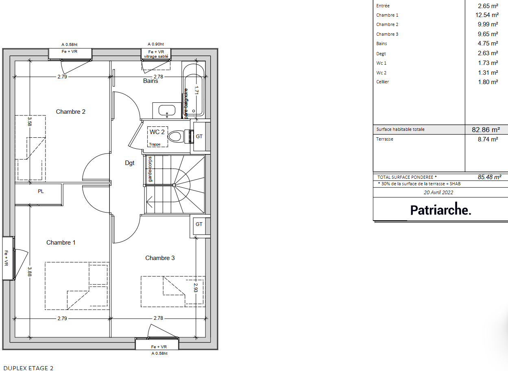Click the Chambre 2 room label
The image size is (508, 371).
70,112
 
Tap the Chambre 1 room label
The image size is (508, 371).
61,243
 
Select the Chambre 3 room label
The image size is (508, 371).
160,258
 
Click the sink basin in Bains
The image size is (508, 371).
167,111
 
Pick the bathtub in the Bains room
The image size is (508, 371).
194,90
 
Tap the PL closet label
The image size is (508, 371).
41,191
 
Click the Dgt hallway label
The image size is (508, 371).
130,163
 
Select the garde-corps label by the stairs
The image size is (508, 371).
150,169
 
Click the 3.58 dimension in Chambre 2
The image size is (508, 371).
30,121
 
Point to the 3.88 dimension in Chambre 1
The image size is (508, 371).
30,272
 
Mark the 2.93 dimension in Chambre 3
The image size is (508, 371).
196,288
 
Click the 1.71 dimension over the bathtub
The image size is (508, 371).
196,90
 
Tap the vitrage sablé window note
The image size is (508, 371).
156,56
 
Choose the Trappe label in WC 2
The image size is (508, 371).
155,144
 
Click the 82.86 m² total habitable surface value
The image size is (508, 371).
486,130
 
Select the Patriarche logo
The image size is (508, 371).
440,209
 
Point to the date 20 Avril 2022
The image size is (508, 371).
438,193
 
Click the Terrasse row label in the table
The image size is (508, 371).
385,139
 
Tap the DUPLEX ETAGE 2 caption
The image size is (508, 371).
28,368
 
